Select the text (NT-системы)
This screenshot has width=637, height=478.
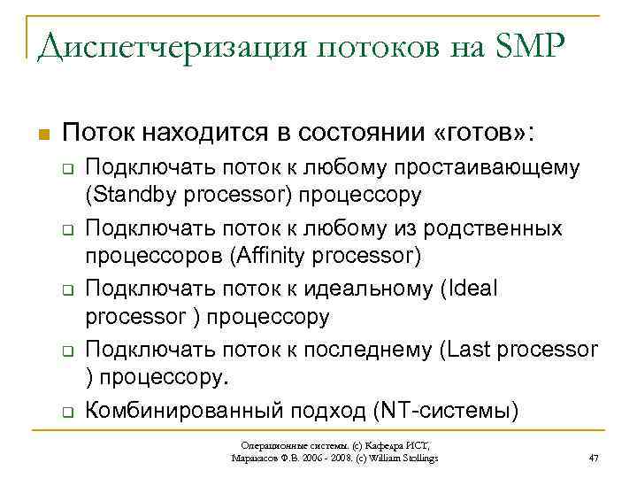448,410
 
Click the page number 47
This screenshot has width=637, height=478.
595,458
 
